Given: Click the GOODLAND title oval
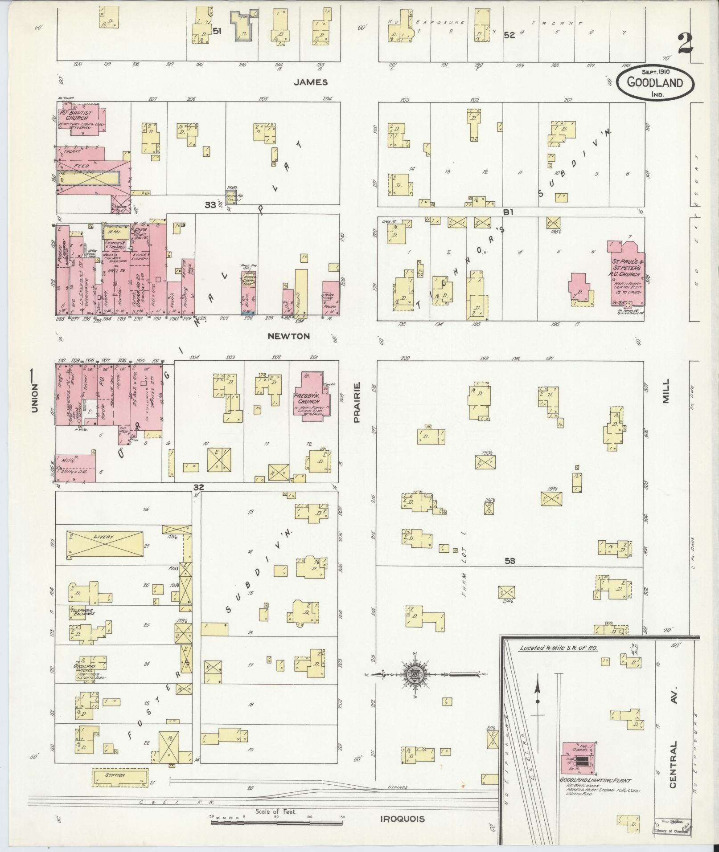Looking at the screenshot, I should tap(656, 81).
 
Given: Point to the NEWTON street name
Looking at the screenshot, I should tap(288, 336).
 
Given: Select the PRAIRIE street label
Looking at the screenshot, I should tap(357, 402).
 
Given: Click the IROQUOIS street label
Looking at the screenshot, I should tap(402, 819).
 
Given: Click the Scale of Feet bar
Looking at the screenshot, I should tap(276, 822).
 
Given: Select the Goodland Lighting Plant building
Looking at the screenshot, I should tap(578, 757).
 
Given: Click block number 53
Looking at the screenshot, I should tap(509, 561).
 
